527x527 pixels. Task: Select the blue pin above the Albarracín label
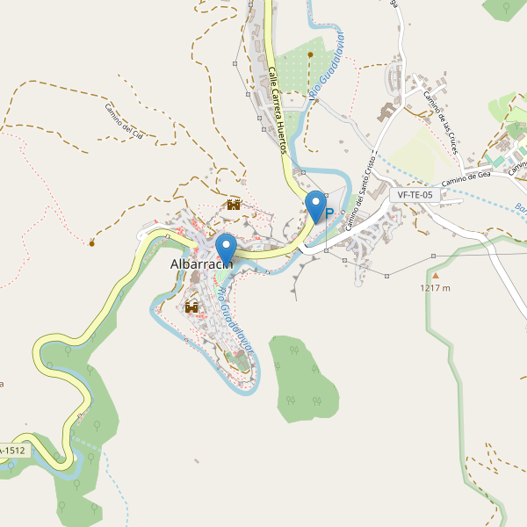point(227,247)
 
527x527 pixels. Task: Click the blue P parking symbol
point(329,213)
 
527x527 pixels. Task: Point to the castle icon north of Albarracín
point(234,205)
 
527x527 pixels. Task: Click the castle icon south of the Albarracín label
point(191,307)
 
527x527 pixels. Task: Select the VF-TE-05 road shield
point(415,195)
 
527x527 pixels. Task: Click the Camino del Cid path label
point(129,122)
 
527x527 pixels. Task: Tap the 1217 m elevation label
point(435,288)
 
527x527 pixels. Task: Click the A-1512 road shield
point(12,451)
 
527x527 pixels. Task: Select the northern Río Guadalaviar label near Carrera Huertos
point(327,66)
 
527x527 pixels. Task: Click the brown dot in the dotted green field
point(310,54)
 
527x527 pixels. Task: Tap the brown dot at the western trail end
point(91,242)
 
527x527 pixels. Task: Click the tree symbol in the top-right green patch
point(508,8)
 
